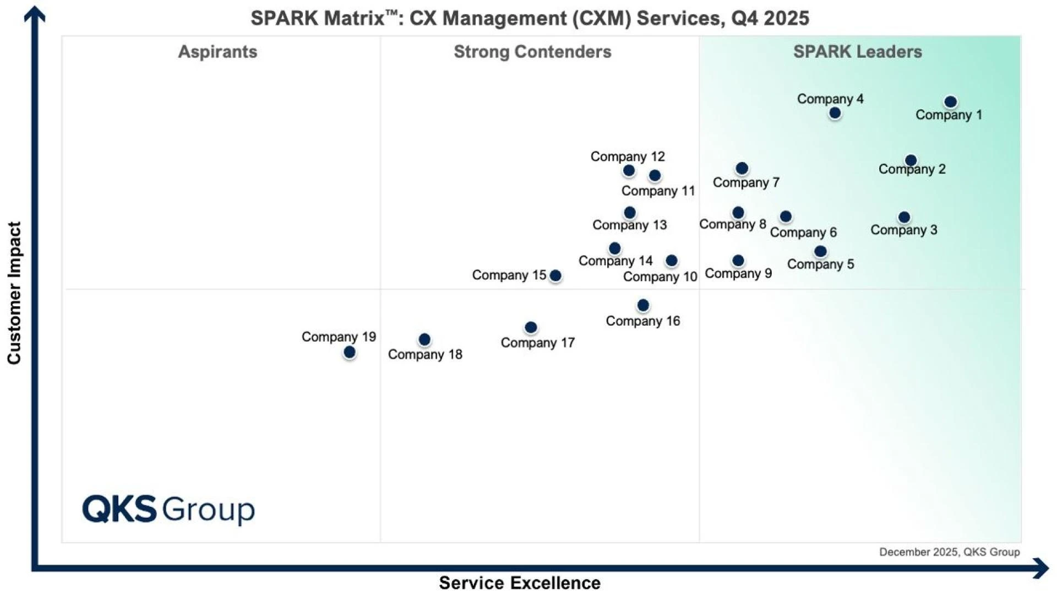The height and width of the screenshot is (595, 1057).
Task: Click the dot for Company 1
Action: click(x=950, y=102)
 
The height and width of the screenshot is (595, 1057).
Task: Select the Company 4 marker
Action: click(x=835, y=113)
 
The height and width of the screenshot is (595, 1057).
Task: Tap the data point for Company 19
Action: click(x=349, y=352)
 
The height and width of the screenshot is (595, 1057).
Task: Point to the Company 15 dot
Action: click(x=555, y=275)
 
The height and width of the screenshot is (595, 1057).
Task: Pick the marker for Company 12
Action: click(x=629, y=171)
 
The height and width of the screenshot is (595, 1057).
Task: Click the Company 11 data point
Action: click(x=655, y=176)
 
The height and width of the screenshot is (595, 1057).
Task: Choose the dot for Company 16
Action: click(x=643, y=305)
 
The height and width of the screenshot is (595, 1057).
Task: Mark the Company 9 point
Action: click(x=738, y=261)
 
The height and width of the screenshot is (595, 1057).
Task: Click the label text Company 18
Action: click(x=425, y=354)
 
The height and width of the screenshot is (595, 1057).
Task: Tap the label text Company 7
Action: click(x=746, y=182)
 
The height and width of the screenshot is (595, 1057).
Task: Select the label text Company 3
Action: click(x=903, y=230)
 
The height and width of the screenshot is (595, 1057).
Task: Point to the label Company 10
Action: click(x=660, y=277)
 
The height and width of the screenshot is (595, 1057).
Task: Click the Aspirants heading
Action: click(x=217, y=52)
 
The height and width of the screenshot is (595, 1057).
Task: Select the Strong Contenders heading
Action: click(x=532, y=52)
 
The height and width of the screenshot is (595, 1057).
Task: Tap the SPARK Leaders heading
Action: click(x=857, y=52)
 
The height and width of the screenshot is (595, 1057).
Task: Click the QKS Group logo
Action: click(x=168, y=509)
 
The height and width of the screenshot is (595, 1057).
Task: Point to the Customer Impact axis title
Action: click(x=14, y=293)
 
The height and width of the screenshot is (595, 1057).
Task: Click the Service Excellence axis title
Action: click(x=519, y=582)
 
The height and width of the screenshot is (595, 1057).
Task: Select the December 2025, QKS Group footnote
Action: click(x=949, y=552)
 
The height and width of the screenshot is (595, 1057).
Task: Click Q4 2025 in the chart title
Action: click(x=770, y=18)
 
